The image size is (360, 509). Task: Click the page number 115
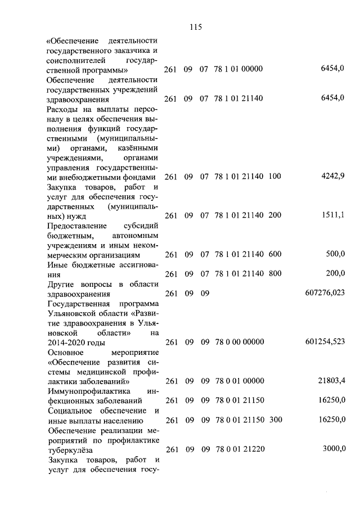pos(196,26)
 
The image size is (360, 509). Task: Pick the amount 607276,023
pos(324,293)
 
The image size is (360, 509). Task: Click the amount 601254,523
pos(324,341)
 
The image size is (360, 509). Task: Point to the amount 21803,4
pos(331,381)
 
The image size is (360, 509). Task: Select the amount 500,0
pos(335,254)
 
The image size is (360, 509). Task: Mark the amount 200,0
pos(335,273)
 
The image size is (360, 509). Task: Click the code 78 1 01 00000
pos(239,69)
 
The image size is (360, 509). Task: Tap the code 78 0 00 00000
pos(239,341)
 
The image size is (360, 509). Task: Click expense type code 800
pos(274,273)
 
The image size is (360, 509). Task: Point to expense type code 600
pos(274,254)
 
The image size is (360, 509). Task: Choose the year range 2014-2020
pos(66,342)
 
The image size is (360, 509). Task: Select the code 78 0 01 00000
pos(239,381)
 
